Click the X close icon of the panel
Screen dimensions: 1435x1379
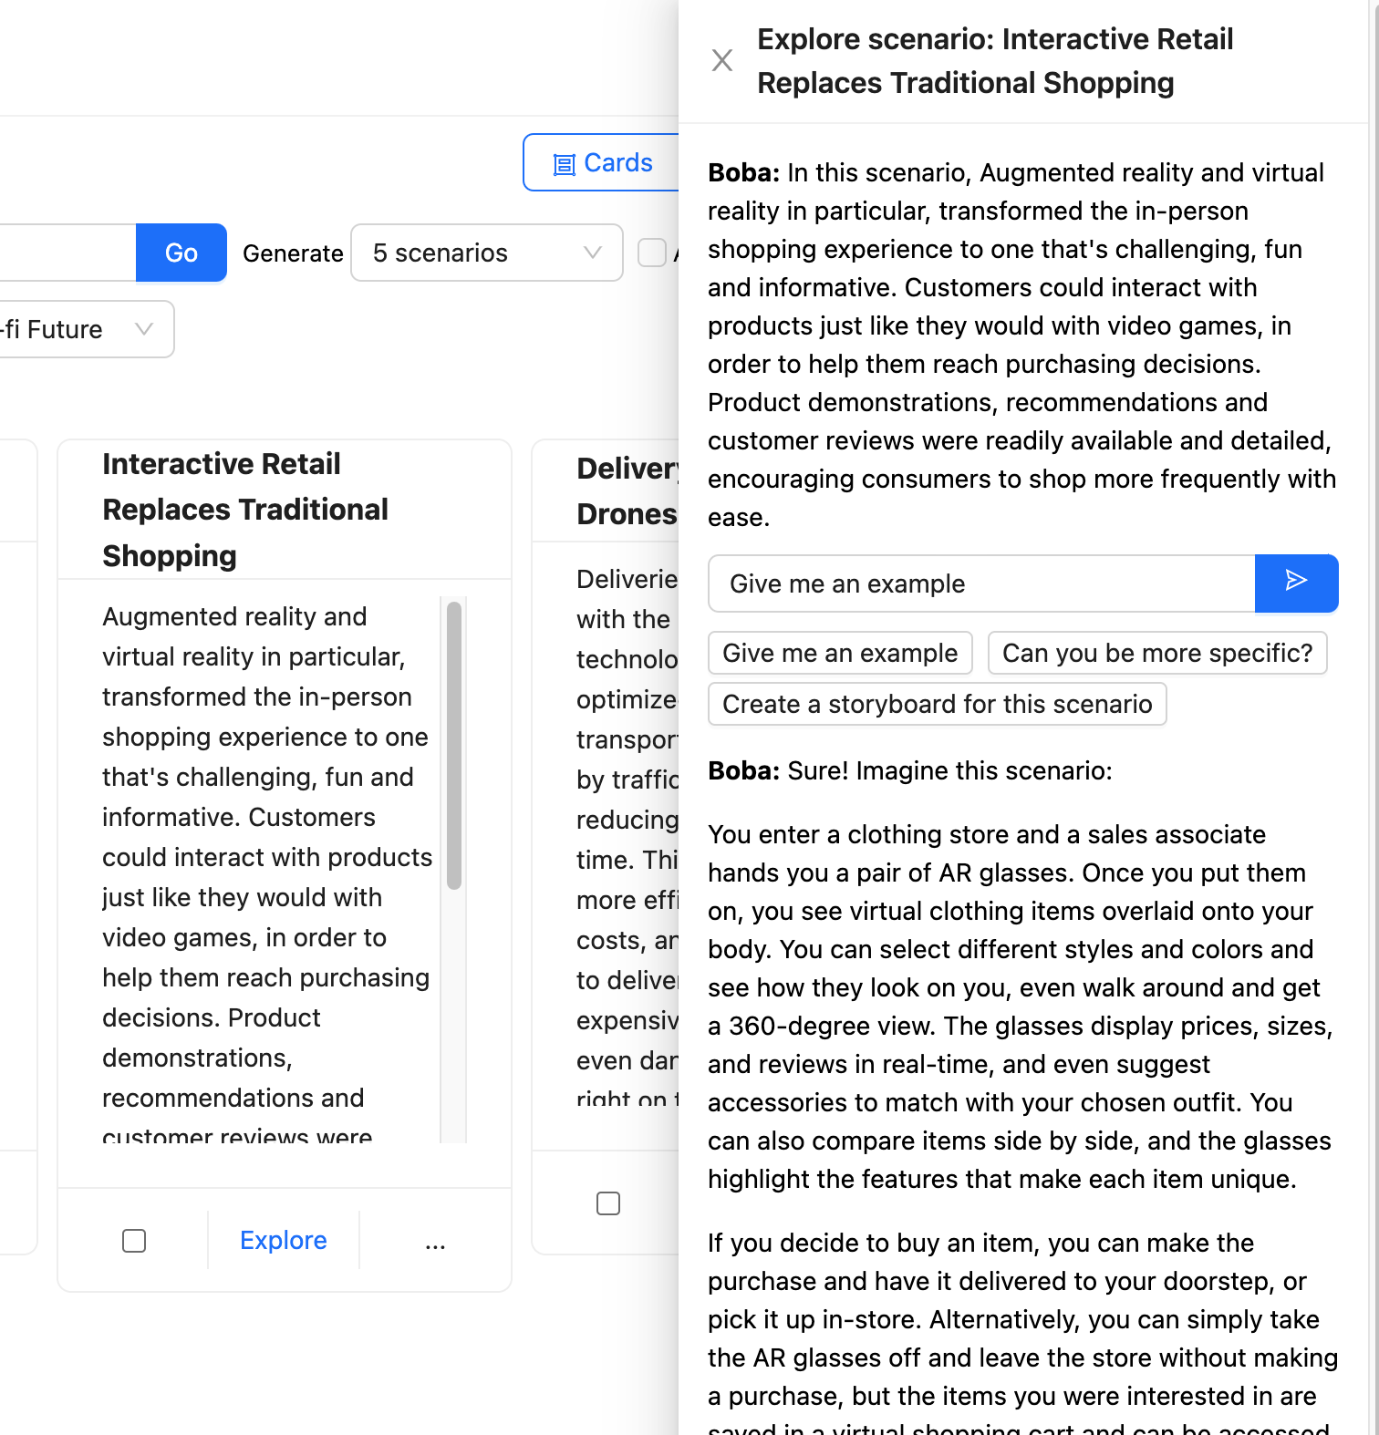[x=722, y=60]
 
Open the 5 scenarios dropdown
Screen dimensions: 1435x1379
[x=486, y=253]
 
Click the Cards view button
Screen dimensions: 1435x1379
[x=602, y=163]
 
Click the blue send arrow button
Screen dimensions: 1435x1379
[x=1296, y=583]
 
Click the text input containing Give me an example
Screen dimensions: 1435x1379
[x=981, y=583]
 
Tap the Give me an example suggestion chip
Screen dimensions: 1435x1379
[x=840, y=653]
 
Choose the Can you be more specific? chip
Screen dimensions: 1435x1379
[x=1156, y=653]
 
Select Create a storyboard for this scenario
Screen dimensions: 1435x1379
[x=937, y=704]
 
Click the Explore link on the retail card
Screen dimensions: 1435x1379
[x=284, y=1240]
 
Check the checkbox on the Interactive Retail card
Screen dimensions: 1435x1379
[x=134, y=1241]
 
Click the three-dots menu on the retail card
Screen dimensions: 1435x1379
[x=435, y=1242]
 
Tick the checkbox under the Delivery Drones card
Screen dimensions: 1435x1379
[x=608, y=1203]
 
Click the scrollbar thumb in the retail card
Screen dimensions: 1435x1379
[x=454, y=744]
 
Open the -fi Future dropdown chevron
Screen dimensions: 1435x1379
[x=144, y=328]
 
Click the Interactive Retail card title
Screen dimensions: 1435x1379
[x=245, y=509]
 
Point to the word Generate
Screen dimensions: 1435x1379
[x=293, y=253]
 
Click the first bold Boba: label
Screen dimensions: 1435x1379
[x=743, y=172]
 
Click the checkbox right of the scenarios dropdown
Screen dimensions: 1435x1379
[x=652, y=253]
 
